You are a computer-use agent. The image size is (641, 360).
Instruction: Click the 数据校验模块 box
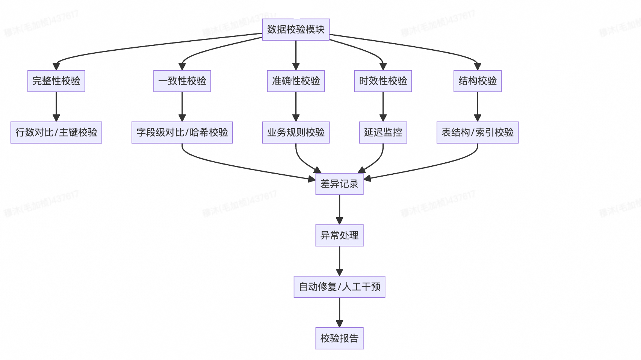[x=296, y=29]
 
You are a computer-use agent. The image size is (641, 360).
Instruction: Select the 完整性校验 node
[x=56, y=81]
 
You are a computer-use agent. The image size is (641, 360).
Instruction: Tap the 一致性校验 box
[x=182, y=81]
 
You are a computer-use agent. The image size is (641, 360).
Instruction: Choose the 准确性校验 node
[x=296, y=81]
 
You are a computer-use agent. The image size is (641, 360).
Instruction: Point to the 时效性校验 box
[x=383, y=81]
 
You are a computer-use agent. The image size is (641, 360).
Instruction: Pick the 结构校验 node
[x=478, y=81]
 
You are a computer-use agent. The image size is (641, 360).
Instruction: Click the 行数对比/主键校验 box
[x=56, y=132]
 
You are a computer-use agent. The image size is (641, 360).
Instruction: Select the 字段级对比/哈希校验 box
[x=182, y=132]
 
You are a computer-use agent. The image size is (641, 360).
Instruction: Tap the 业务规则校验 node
[x=296, y=132]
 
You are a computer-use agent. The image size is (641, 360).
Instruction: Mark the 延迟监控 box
[x=383, y=132]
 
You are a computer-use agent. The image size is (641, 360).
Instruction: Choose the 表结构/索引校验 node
[x=478, y=132]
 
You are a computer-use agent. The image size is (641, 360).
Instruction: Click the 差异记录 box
[x=339, y=184]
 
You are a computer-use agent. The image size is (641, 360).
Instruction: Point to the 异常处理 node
[x=339, y=235]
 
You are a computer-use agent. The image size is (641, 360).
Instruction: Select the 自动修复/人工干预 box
[x=339, y=287]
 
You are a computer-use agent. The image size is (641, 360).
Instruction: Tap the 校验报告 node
[x=339, y=338]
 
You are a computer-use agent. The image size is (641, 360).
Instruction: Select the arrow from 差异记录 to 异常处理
[x=339, y=209]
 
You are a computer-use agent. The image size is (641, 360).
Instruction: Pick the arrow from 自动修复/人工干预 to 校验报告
[x=339, y=312]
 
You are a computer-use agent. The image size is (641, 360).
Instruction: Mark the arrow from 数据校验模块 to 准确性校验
[x=296, y=55]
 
